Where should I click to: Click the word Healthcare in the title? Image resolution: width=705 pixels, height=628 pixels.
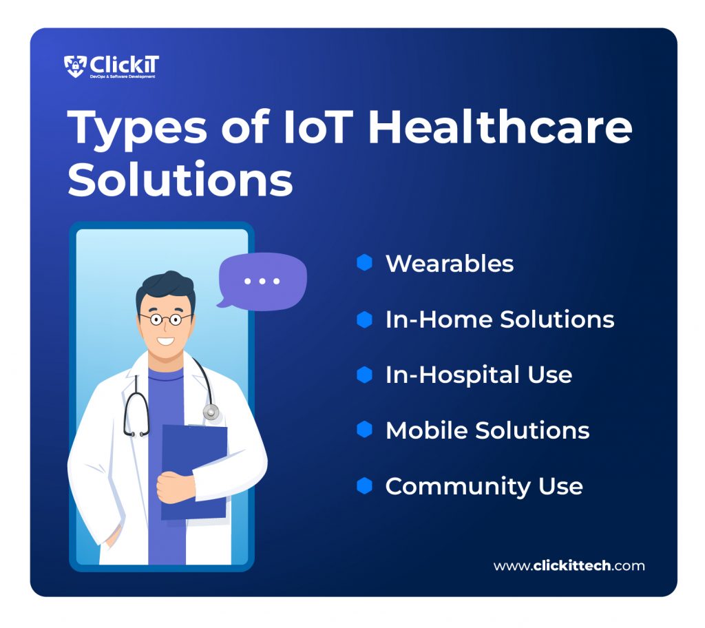[x=500, y=127]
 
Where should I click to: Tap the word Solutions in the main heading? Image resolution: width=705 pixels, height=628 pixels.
[x=180, y=179]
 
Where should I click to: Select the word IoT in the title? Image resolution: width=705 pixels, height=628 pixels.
[x=317, y=127]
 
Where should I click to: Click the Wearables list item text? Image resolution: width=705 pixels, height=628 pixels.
[x=449, y=264]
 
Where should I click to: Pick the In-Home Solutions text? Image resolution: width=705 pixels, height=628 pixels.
[x=500, y=320]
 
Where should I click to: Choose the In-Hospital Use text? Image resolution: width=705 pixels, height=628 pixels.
[x=479, y=375]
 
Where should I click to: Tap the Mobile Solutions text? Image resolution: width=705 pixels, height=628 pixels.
[x=487, y=430]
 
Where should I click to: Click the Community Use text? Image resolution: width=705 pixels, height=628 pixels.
[x=484, y=486]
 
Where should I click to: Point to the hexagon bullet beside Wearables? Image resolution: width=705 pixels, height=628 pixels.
[x=365, y=263]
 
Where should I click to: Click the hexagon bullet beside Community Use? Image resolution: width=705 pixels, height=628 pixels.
[x=365, y=485]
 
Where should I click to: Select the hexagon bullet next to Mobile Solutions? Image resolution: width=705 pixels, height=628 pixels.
[x=365, y=430]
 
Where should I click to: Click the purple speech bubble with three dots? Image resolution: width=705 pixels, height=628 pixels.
[x=262, y=281]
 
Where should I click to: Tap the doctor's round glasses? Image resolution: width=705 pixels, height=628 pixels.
[x=165, y=319]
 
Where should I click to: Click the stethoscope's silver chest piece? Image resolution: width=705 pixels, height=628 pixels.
[x=211, y=412]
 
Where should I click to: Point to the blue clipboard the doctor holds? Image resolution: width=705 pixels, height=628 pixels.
[x=194, y=472]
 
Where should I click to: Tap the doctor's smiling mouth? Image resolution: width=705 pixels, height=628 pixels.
[x=165, y=341]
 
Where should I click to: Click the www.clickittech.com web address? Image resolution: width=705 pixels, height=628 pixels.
[x=569, y=565]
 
